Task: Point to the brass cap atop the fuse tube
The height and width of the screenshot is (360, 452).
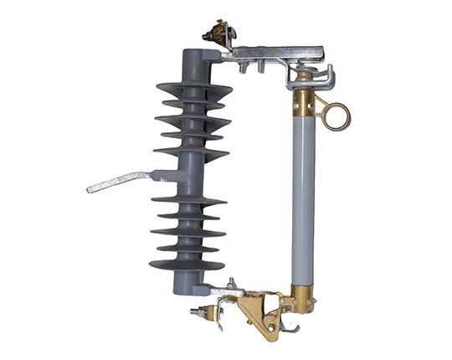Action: tap(303, 104)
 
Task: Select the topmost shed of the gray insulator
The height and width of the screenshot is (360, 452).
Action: tap(193, 89)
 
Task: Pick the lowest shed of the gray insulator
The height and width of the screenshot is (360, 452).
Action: tap(187, 265)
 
